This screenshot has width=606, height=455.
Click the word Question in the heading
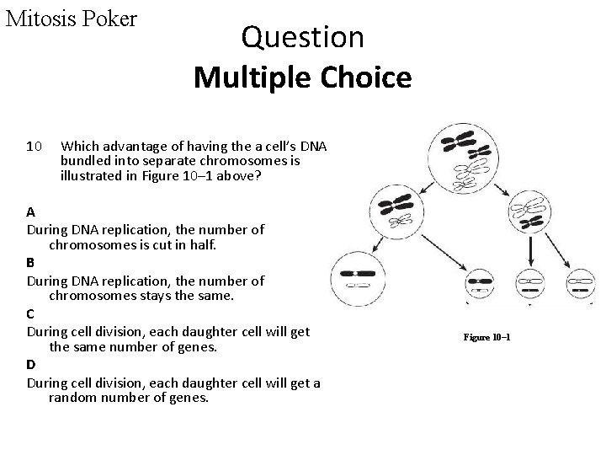(x=302, y=38)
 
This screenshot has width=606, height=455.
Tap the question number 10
(x=35, y=147)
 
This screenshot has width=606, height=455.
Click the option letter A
(x=31, y=211)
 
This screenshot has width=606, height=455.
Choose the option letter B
(x=31, y=262)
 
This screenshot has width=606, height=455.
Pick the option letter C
(x=31, y=313)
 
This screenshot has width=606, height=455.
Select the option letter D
(x=31, y=363)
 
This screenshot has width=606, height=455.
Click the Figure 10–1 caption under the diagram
(x=486, y=337)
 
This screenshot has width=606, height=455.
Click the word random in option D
(x=73, y=398)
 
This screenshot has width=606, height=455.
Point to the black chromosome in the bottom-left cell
(x=359, y=273)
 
